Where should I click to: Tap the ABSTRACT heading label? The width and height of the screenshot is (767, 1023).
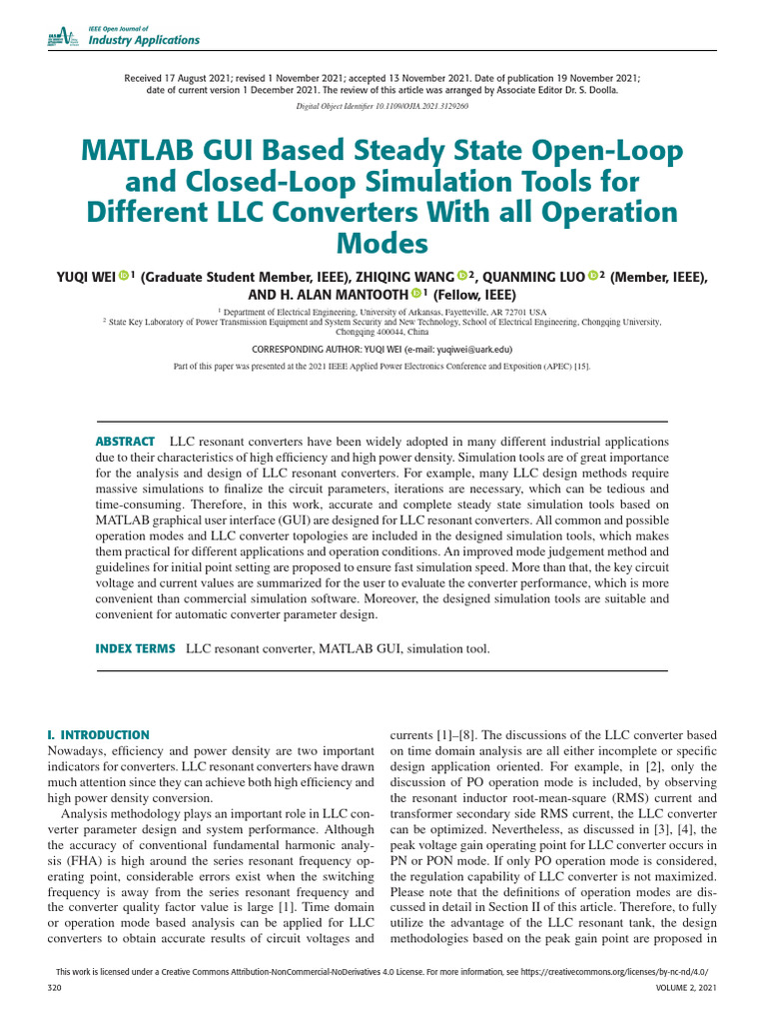click(125, 441)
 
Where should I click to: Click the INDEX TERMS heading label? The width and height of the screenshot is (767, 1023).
click(135, 648)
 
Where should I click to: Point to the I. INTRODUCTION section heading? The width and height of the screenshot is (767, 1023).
click(99, 734)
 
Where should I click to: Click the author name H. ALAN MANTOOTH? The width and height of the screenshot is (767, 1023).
click(330, 295)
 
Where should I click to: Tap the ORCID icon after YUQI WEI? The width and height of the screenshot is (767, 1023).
click(124, 276)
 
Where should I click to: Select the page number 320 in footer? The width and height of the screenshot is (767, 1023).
click(55, 987)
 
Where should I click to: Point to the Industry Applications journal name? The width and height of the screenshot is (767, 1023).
click(144, 40)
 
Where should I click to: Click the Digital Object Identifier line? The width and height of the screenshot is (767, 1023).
click(383, 105)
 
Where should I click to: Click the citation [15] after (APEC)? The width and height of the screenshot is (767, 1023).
click(580, 367)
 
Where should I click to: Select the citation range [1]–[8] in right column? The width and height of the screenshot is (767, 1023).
click(447, 734)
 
